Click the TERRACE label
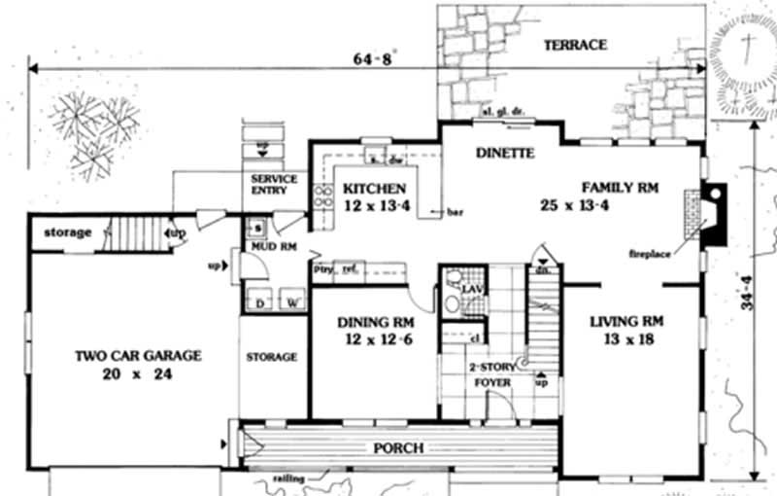[x=575, y=45]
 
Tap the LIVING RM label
[x=626, y=321]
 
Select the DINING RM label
[x=376, y=323]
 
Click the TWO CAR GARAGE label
[x=138, y=356]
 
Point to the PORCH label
[x=398, y=448]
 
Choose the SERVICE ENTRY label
[x=273, y=185]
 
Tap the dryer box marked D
[x=259, y=303]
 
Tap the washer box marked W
[x=289, y=303]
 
